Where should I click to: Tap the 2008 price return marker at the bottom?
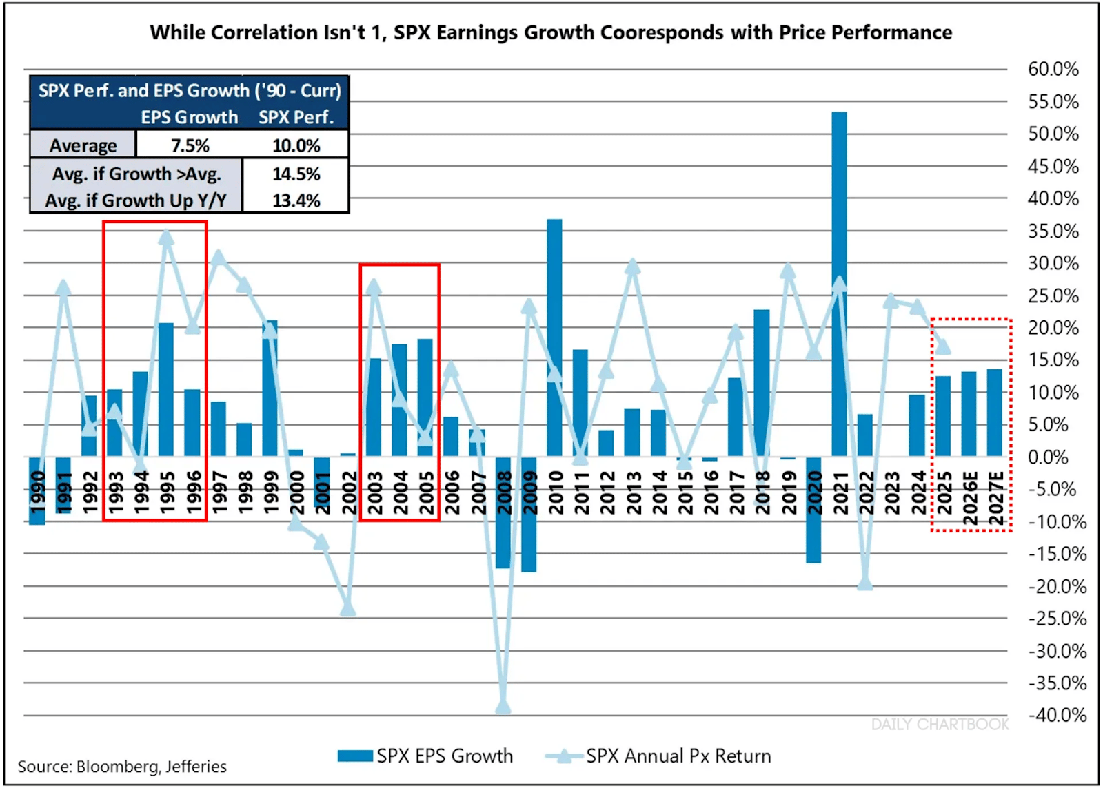pos(503,707)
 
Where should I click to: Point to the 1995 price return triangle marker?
pos(166,238)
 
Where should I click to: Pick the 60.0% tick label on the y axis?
pos(1053,69)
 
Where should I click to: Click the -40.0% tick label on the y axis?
pos(1057,715)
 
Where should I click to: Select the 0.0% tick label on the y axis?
pos(1048,457)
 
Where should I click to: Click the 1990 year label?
pos(37,493)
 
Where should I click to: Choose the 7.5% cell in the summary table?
pos(190,145)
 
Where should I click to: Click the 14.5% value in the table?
pos(296,174)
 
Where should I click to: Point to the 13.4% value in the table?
pos(296,200)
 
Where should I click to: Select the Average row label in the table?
pos(83,145)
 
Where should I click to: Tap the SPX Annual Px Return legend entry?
pos(658,756)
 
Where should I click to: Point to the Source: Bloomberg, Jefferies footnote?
pos(122,767)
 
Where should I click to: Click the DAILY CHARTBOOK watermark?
pos(940,725)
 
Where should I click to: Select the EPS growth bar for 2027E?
pos(994,413)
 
